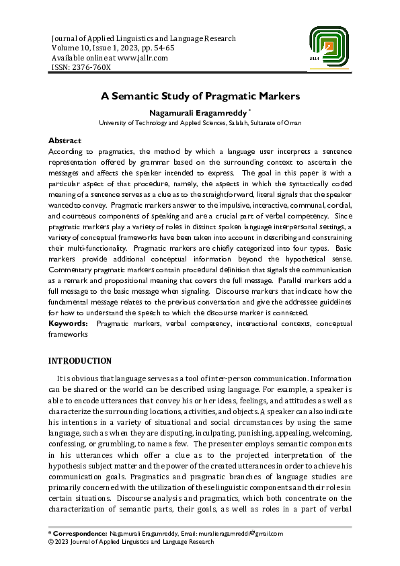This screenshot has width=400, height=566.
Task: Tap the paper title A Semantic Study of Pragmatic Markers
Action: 200,96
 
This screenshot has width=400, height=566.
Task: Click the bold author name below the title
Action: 197,112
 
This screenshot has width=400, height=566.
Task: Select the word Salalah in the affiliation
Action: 239,123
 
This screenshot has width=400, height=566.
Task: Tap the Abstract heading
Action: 65,141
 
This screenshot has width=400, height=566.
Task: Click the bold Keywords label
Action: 69,324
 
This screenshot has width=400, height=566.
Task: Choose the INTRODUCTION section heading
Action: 80,361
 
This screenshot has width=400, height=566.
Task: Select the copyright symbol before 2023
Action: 51,542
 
